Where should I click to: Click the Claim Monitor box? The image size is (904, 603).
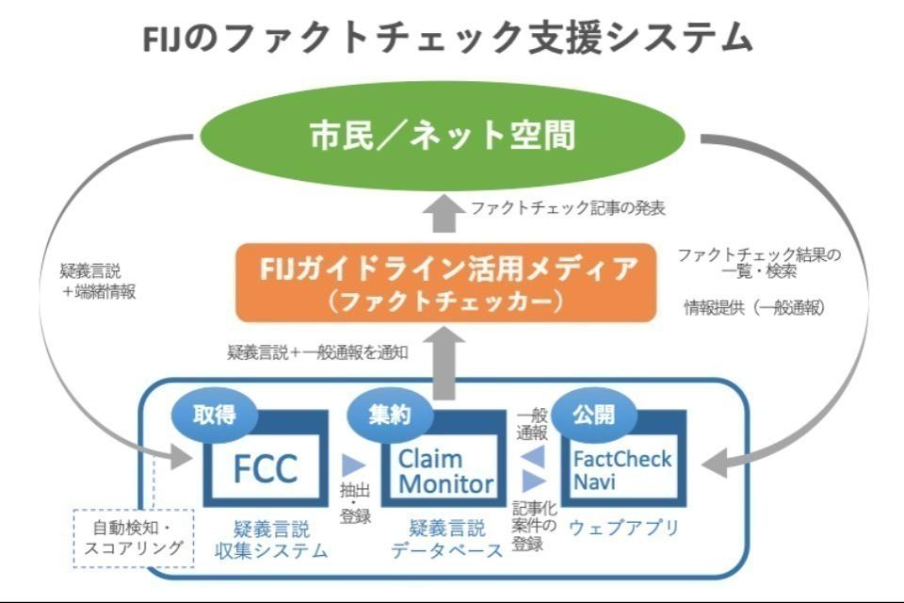(444, 471)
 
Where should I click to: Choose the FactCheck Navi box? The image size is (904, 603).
(622, 469)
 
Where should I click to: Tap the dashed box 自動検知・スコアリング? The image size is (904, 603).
(133, 538)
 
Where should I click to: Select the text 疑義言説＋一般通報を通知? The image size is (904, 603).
(317, 353)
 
